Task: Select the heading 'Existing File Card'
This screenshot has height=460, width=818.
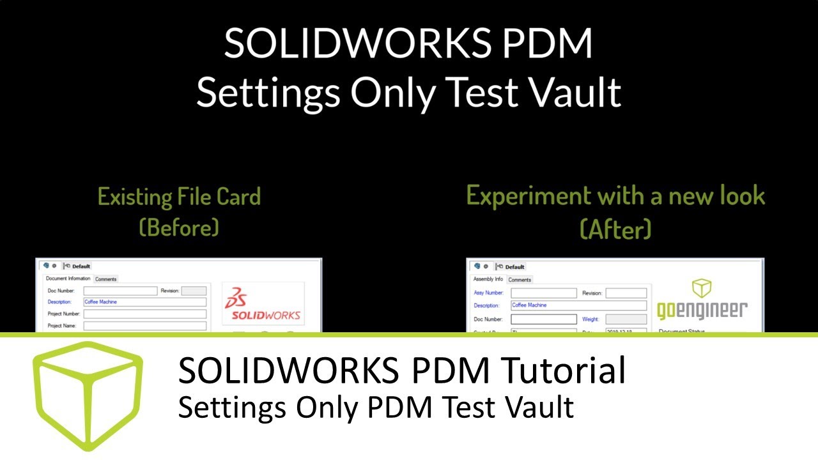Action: point(179,196)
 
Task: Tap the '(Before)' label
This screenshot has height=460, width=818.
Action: point(179,227)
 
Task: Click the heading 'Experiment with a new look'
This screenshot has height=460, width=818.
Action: point(615,195)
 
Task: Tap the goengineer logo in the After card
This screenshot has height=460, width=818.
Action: point(702,300)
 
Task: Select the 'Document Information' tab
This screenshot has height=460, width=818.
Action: point(68,279)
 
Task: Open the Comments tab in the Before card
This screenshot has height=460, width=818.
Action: point(105,279)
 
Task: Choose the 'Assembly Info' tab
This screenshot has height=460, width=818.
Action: point(488,279)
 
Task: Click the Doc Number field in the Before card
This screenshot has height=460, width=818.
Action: point(120,291)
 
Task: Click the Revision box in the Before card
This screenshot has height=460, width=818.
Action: point(194,291)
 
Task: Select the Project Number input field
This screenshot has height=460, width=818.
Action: point(144,314)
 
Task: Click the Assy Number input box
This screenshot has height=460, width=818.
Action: point(543,293)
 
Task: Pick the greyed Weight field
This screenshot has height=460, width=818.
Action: point(626,319)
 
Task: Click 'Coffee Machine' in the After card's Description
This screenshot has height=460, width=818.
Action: point(529,305)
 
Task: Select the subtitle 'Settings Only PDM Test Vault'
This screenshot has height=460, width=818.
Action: point(376,407)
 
